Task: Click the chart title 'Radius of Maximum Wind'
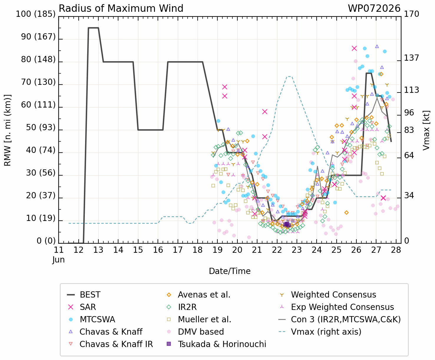pos(121,9)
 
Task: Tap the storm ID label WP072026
pos(374,9)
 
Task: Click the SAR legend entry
pos(82,307)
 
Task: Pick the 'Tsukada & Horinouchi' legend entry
pos(216,344)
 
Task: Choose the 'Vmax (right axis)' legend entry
pos(320,332)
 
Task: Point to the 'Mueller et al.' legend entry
pos(199,319)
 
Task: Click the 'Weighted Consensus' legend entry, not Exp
pos(328,295)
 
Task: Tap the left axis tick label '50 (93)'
pos(41,127)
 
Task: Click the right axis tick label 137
pos(411,58)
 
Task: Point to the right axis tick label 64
pos(409,155)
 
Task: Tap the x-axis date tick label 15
pos(138,250)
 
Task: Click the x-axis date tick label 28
pos(396,250)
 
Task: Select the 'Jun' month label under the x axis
pos(59,260)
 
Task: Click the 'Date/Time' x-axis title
pos(230,271)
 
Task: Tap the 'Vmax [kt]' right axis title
pos(426,130)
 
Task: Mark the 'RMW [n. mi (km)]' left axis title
pos(7,130)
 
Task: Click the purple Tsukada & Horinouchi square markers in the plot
pos(287,224)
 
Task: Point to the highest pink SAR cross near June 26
pos(354,48)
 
